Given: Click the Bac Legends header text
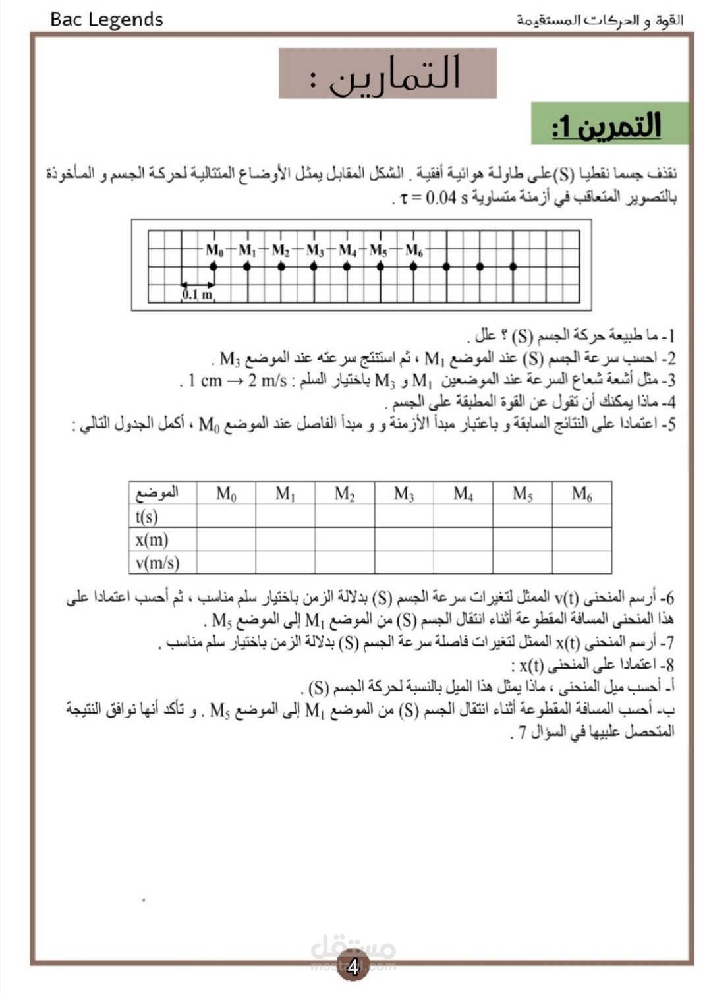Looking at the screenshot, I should click(106, 19).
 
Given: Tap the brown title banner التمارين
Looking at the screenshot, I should click(387, 73).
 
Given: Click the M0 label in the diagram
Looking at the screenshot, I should click(215, 250).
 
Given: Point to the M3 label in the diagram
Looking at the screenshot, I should click(315, 250).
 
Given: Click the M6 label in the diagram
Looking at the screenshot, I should click(414, 250).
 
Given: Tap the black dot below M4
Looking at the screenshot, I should click(347, 266).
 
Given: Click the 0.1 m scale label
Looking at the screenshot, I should click(197, 295).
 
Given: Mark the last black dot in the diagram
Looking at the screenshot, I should click(513, 266).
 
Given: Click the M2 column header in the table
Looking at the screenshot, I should click(345, 494).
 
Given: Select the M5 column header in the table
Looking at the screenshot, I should click(523, 494).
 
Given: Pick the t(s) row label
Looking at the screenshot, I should click(146, 517).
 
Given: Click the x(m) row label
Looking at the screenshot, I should click(152, 540).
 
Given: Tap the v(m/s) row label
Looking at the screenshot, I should click(157, 563).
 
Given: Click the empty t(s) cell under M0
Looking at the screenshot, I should click(226, 517).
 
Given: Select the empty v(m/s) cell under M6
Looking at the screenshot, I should click(582, 563).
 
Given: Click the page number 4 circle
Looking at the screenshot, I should click(353, 967).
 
